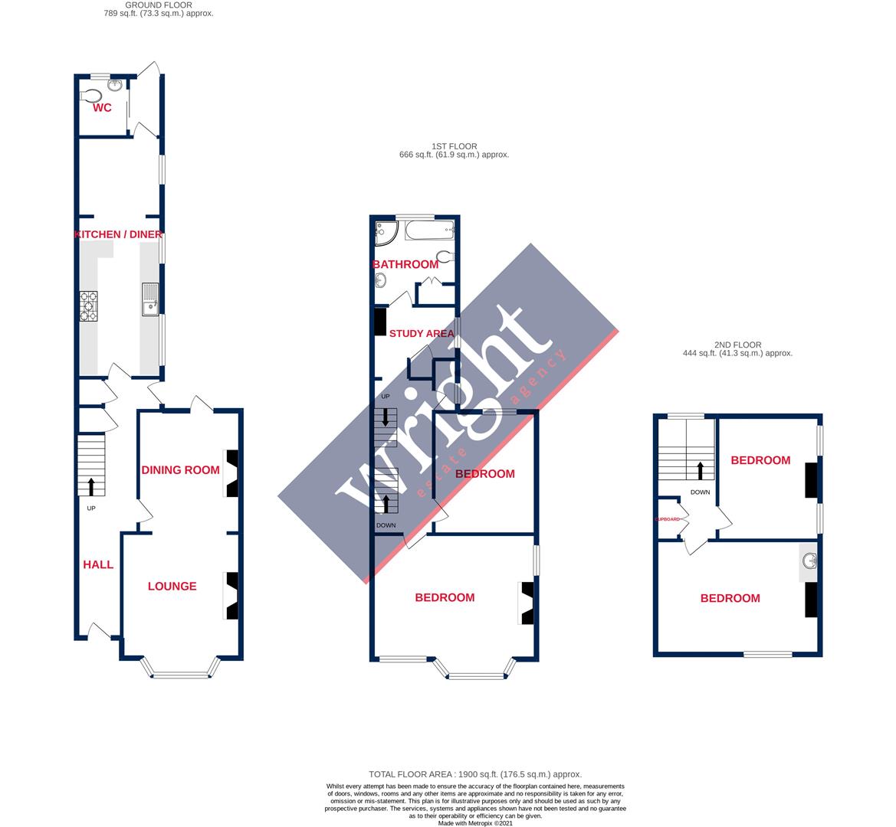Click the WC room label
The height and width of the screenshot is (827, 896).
click(x=102, y=108)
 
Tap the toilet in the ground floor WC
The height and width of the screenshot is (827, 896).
click(x=92, y=96)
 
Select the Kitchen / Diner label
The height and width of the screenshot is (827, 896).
click(x=119, y=234)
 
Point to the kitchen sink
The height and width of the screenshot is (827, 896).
click(x=149, y=299)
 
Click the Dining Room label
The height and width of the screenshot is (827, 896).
click(x=180, y=469)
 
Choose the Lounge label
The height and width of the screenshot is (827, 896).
click(x=172, y=586)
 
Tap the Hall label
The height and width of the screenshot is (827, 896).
click(x=98, y=564)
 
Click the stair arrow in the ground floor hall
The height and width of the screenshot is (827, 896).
click(x=91, y=485)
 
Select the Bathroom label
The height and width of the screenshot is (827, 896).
click(x=405, y=264)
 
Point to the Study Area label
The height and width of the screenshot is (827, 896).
click(x=422, y=333)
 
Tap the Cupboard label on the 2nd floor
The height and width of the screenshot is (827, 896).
click(x=668, y=519)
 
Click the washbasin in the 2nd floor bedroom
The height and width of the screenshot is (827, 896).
click(x=809, y=563)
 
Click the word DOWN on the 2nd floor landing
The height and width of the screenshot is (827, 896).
click(x=700, y=492)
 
